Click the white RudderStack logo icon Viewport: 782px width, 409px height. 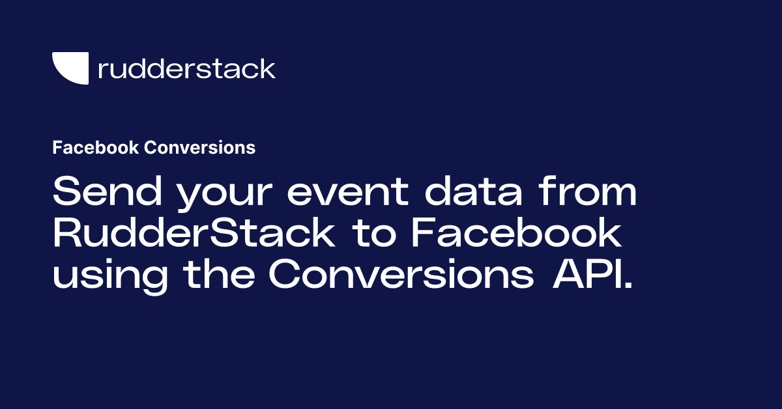(70, 68)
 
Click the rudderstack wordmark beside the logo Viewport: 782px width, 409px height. (186, 68)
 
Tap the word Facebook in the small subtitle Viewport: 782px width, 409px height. (96, 148)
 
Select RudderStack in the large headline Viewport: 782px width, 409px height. (194, 234)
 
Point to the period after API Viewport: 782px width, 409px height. (628, 287)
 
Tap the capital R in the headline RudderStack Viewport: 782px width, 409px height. (66, 234)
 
